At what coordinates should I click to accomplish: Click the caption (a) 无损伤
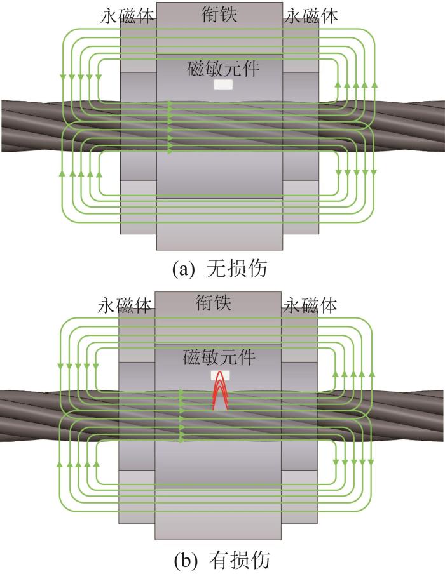click(x=219, y=269)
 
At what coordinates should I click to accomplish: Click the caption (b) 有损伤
click(x=221, y=559)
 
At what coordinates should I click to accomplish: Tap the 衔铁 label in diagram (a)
click(x=219, y=15)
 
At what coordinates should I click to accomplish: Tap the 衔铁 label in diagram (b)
click(x=214, y=304)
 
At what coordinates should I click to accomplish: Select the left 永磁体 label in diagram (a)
click(x=127, y=17)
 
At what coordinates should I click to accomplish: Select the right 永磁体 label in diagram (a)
click(x=310, y=17)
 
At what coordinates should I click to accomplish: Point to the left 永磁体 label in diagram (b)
click(x=125, y=305)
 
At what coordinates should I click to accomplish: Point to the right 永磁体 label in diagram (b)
click(x=310, y=305)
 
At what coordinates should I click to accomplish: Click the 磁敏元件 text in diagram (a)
click(x=223, y=69)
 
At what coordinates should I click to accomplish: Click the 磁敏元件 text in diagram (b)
click(x=219, y=357)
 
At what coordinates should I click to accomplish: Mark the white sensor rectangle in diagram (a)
click(x=223, y=85)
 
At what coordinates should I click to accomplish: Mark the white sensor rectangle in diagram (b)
click(x=221, y=375)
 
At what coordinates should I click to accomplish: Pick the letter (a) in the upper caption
click(x=182, y=270)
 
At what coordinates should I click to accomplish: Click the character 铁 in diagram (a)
click(x=228, y=15)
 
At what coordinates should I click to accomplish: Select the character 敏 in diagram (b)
click(x=210, y=357)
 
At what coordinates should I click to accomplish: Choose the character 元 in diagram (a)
click(x=232, y=69)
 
